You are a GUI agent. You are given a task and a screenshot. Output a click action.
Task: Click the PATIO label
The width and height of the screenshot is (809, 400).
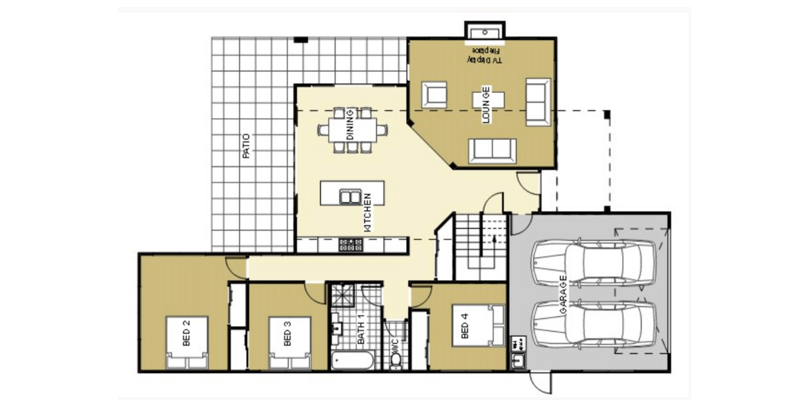246,146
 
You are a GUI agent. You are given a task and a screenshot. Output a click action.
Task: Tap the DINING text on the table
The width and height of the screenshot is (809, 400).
350,125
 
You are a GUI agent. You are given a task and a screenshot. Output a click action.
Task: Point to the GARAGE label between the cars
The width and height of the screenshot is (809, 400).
563,295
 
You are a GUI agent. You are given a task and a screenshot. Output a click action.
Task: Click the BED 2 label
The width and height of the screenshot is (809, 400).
187,333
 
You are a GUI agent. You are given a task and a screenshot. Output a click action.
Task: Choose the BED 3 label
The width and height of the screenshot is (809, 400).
288,333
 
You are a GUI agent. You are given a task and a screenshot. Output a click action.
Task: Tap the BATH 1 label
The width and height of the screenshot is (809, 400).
362,329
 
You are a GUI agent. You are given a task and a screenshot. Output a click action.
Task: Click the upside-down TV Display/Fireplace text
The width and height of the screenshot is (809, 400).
485,55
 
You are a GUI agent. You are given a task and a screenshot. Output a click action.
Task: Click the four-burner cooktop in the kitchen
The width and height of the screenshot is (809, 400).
351,245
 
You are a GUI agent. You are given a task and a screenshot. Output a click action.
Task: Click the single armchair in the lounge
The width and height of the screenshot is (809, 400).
434,95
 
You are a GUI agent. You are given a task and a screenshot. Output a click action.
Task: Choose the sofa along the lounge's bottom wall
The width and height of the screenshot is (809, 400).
492,150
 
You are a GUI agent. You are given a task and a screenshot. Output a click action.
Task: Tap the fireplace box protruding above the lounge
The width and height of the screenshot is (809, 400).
485,31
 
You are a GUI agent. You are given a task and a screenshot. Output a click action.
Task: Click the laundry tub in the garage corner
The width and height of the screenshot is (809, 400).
518,361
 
